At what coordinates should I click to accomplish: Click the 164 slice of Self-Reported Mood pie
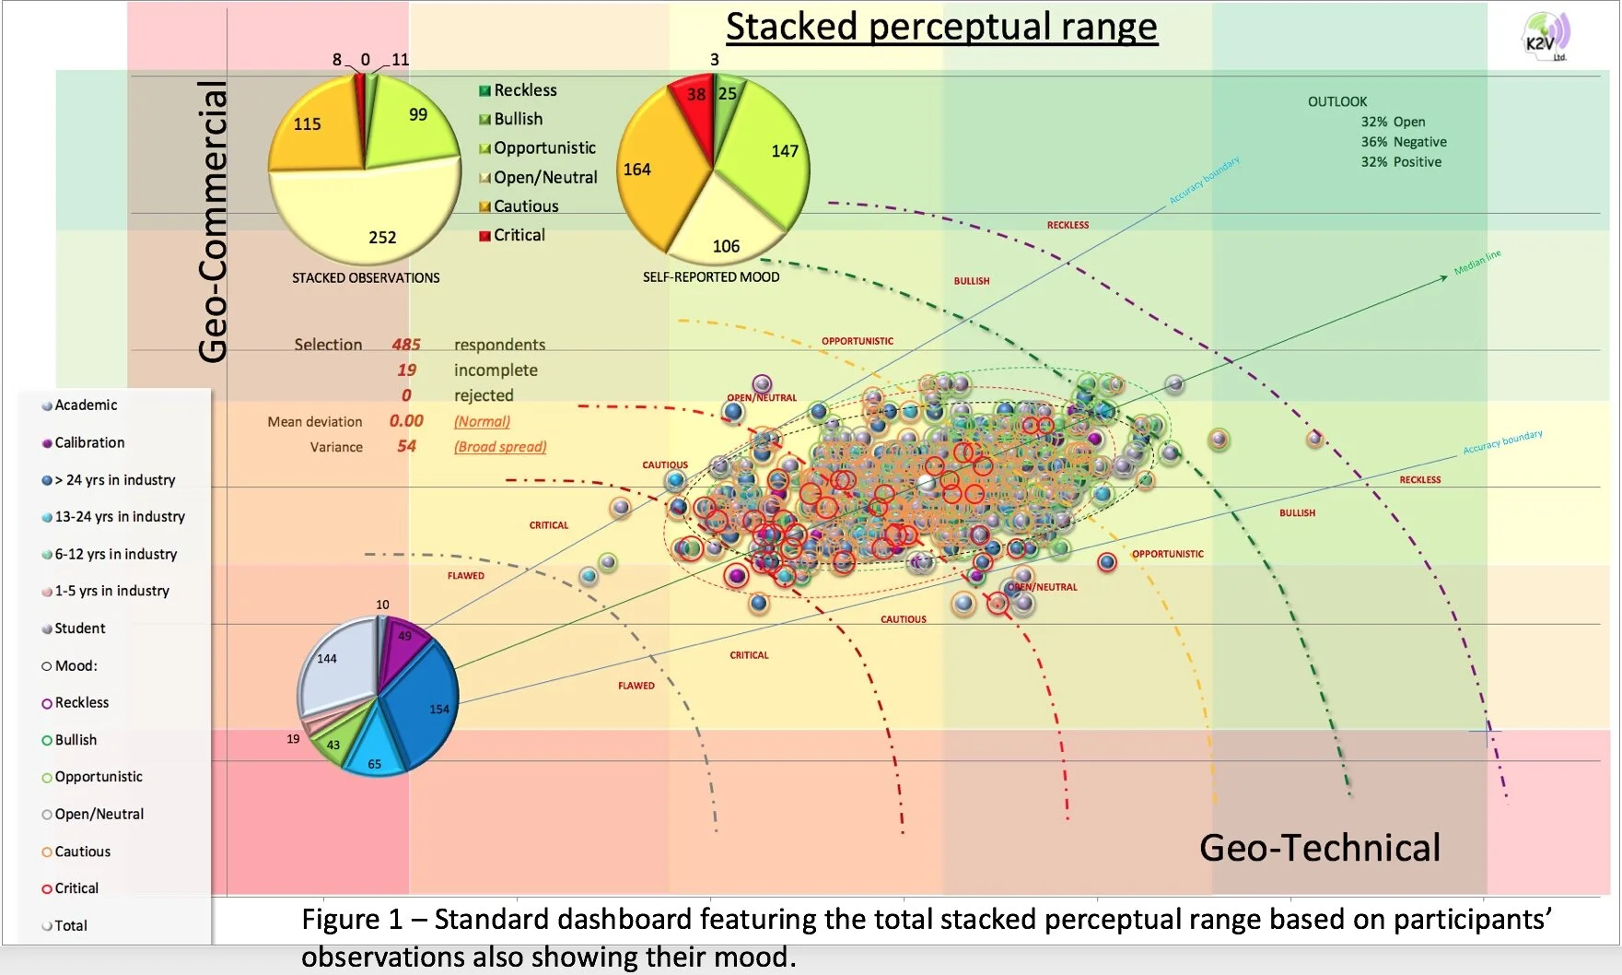click(649, 175)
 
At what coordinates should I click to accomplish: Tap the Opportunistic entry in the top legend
click(543, 148)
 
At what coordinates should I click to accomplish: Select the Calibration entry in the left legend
click(88, 442)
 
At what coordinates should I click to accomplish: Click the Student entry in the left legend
click(79, 628)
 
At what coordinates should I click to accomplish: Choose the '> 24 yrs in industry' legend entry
click(114, 480)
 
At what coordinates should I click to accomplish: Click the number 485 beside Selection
click(405, 345)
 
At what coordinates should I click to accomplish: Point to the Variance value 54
click(406, 446)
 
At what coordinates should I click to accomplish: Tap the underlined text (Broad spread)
click(500, 447)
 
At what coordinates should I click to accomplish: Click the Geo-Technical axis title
click(1319, 848)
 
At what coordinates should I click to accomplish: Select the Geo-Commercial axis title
click(213, 221)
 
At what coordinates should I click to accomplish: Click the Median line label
click(1477, 262)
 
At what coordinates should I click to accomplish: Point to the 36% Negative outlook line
click(1404, 142)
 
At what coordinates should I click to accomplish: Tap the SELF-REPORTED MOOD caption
click(710, 276)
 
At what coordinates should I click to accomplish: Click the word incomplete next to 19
click(496, 370)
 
